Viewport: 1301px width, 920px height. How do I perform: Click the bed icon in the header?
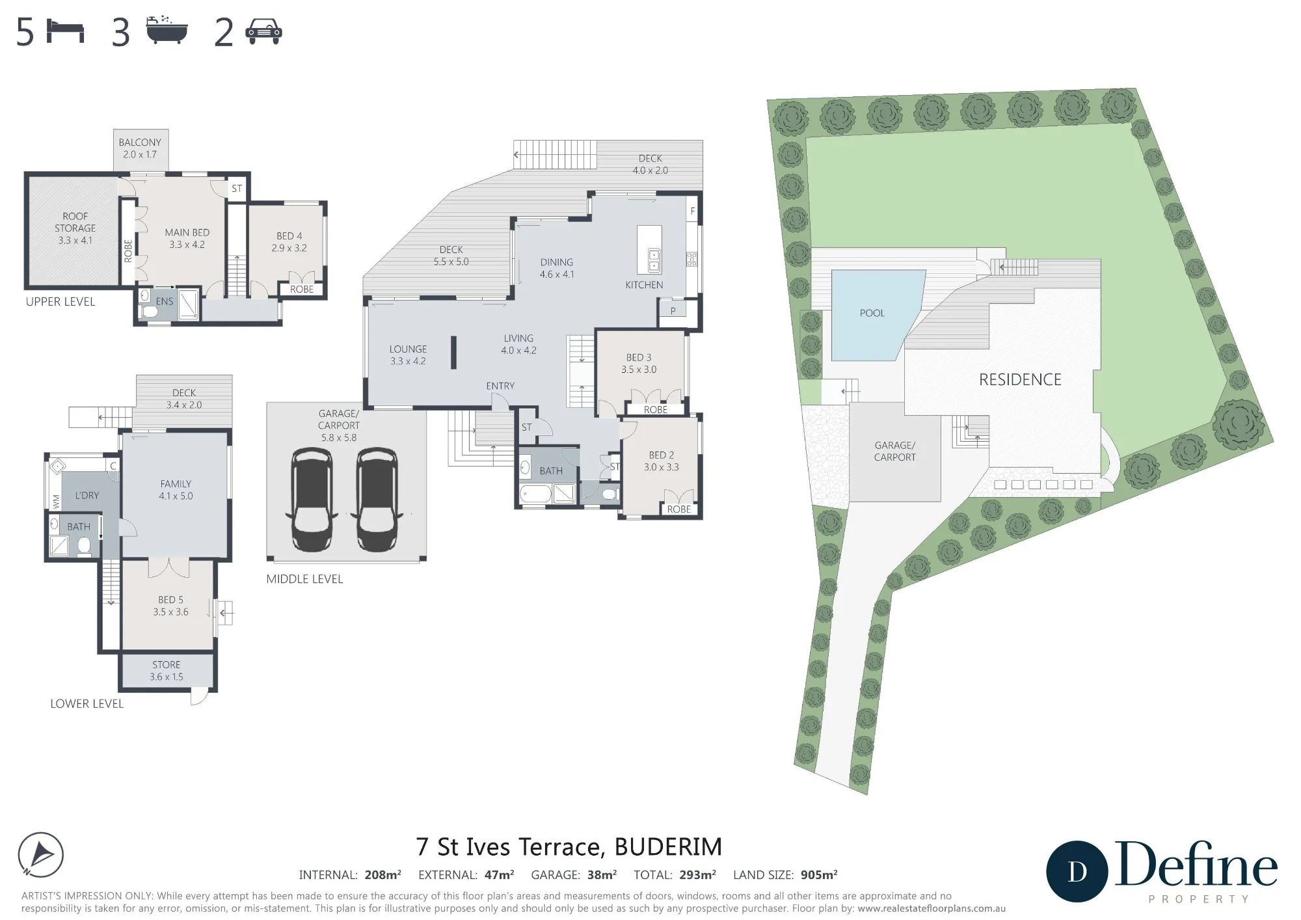coord(66,31)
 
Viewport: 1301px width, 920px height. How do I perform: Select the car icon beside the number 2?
coord(264,31)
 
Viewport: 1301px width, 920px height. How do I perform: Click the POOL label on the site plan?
coord(872,313)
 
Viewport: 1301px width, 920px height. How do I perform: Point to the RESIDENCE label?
coord(1020,379)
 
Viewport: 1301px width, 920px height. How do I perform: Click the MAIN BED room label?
coord(187,232)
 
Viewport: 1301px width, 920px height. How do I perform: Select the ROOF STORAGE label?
coord(75,222)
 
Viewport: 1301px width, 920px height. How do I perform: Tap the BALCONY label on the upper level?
coord(140,142)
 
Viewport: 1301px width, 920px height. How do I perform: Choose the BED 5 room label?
coord(171,600)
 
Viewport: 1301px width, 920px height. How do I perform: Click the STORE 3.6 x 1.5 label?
coord(167,671)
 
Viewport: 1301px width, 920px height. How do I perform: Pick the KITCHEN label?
coord(644,285)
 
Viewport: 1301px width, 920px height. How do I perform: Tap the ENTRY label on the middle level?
coord(500,386)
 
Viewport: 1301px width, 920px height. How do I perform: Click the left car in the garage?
coord(313,499)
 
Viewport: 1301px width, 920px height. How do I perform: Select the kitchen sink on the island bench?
coord(654,260)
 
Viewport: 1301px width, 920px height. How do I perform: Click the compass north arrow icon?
coord(40,855)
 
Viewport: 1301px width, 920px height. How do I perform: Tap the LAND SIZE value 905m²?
coord(818,875)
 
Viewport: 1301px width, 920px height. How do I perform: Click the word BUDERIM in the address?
coord(668,847)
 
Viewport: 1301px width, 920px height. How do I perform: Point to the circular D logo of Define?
coord(1077,872)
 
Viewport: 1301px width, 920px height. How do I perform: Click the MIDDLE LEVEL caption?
coord(304,579)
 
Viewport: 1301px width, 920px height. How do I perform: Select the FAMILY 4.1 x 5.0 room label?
coord(176,490)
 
